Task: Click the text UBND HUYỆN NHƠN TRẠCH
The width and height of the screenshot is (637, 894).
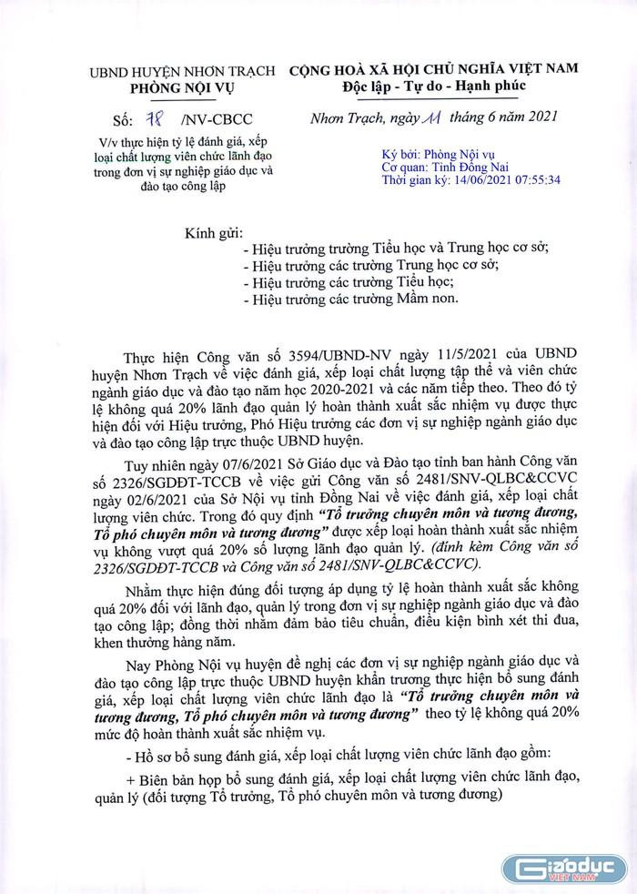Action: (172, 72)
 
